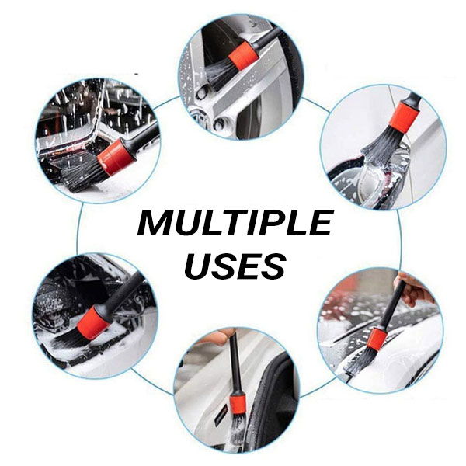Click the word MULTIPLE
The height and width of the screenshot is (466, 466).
(x=235, y=222)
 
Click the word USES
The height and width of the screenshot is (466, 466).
(x=235, y=266)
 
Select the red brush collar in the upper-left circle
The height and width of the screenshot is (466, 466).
(x=116, y=157)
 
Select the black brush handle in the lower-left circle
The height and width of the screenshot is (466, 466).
(x=122, y=292)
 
